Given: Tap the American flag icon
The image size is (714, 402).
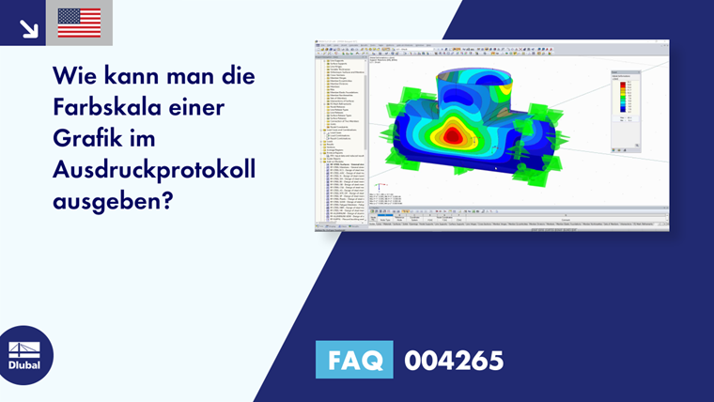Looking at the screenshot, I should tap(79, 23).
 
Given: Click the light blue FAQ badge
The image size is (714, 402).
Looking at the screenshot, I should tap(355, 360).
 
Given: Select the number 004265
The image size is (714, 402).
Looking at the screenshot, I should tap(454, 360).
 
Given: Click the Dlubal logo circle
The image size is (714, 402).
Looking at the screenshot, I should tap(25, 355).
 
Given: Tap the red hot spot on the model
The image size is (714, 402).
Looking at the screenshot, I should tap(454, 135).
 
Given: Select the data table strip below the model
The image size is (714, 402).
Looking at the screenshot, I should tap(517, 219).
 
